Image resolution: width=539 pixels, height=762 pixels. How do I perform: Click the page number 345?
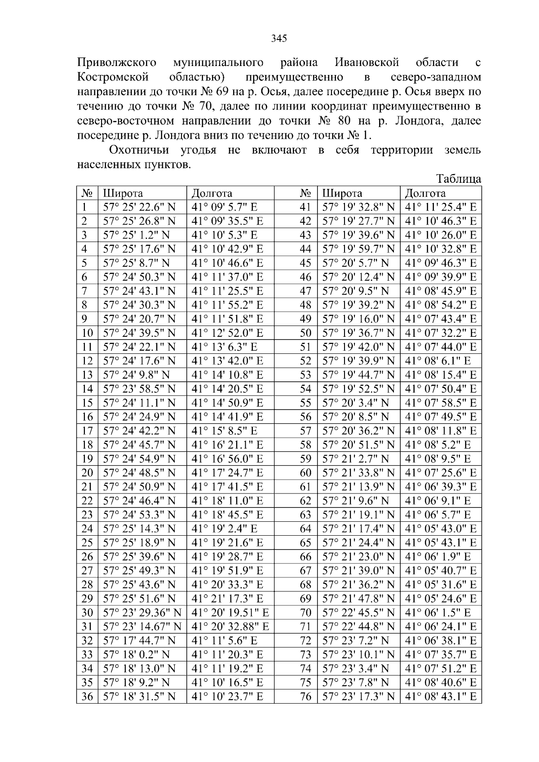[x=279, y=39]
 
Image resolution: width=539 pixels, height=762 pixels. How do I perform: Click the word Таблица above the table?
[x=459, y=179]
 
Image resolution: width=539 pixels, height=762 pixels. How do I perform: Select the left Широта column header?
[x=123, y=193]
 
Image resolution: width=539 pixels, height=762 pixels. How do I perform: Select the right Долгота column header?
[x=425, y=193]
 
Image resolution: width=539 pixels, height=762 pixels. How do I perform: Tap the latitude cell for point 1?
[x=139, y=207]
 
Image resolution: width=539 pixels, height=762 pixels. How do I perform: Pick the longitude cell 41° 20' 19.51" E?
[x=230, y=612]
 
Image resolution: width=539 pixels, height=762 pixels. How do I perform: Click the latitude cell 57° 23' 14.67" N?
[x=142, y=626]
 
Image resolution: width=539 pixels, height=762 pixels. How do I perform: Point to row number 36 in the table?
[x=87, y=696]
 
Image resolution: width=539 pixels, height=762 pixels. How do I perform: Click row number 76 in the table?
[x=305, y=696]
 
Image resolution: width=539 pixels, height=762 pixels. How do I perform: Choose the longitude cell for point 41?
[x=440, y=207]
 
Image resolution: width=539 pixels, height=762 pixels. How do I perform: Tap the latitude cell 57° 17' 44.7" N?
[x=139, y=640]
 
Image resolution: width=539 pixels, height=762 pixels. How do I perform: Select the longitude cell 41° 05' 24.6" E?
[x=440, y=599]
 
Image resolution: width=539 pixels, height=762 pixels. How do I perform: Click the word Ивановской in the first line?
[x=367, y=62]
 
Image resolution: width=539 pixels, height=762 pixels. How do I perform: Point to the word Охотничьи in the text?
[x=140, y=150]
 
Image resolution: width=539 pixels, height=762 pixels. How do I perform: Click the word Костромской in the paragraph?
[x=112, y=77]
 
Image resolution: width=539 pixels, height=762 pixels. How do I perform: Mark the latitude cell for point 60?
[x=358, y=473]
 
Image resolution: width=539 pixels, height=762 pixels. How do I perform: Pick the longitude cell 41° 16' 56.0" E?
[x=227, y=459]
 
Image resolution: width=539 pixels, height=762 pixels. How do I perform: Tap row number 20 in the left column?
[x=87, y=473]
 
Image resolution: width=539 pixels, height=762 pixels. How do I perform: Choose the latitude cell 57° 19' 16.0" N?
[x=358, y=319]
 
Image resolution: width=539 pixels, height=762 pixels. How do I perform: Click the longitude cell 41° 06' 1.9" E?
[x=437, y=557]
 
